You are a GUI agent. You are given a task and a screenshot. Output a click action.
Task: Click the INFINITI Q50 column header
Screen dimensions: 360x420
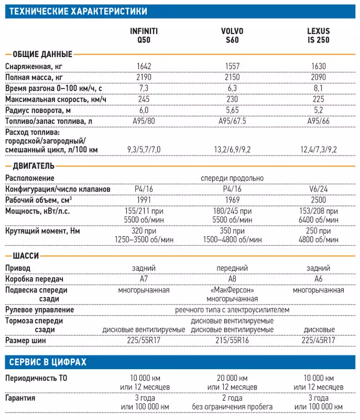pyautogui.click(x=144, y=36)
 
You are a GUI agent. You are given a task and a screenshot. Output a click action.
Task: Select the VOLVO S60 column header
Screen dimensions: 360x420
pyautogui.click(x=232, y=36)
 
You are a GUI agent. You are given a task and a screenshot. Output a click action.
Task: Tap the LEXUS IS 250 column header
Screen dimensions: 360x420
pyautogui.click(x=319, y=36)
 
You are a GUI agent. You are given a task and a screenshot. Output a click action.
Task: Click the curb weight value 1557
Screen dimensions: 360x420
pyautogui.click(x=232, y=66)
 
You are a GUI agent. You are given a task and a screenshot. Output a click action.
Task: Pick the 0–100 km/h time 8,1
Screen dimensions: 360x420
pyautogui.click(x=319, y=88)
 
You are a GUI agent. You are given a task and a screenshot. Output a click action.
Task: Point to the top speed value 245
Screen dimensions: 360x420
pyautogui.click(x=144, y=99)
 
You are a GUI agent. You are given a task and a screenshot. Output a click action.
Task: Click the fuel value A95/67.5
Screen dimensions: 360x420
pyautogui.click(x=232, y=121)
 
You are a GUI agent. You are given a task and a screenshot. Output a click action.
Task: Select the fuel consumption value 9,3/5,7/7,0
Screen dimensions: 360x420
pyautogui.click(x=144, y=149)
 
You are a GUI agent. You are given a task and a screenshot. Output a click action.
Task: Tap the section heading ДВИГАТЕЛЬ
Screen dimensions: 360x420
pyautogui.click(x=33, y=166)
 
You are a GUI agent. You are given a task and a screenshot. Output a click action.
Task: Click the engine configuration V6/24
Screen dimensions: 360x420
pyautogui.click(x=319, y=189)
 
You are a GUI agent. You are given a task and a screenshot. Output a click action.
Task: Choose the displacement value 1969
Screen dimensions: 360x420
pyautogui.click(x=232, y=200)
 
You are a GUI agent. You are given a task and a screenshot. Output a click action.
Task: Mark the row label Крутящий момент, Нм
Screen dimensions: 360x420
pyautogui.click(x=43, y=231)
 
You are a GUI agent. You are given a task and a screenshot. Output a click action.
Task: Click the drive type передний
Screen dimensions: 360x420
pyautogui.click(x=232, y=268)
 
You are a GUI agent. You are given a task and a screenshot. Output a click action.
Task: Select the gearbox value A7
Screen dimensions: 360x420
pyautogui.click(x=144, y=279)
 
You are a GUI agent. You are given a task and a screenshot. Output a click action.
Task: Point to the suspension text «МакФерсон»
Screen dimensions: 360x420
pyautogui.click(x=232, y=290)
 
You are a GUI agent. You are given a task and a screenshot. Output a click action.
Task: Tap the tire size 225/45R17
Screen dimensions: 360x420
pyautogui.click(x=319, y=340)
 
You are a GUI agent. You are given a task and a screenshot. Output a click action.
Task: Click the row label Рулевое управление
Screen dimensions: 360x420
pyautogui.click(x=40, y=310)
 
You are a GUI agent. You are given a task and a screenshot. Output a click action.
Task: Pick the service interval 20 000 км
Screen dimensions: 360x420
pyautogui.click(x=232, y=378)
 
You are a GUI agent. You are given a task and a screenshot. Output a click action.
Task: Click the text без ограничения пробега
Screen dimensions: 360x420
pyautogui.click(x=232, y=407)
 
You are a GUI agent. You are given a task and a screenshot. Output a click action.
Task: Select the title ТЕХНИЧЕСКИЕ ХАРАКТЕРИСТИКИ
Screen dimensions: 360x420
pyautogui.click(x=78, y=11)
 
